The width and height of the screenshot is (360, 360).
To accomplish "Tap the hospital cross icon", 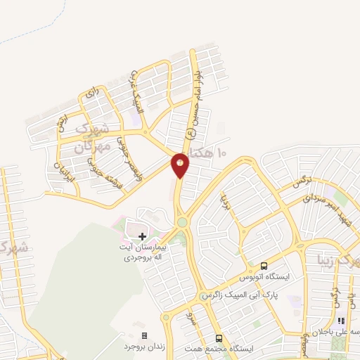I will tap(143, 236).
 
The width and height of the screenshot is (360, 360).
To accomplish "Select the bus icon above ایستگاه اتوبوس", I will tap(264, 266).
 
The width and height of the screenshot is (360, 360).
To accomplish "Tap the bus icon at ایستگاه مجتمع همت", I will tap(218, 337).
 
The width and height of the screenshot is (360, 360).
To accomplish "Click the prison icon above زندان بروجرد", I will tap(145, 335).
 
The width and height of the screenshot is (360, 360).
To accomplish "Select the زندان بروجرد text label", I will tap(145, 347).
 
